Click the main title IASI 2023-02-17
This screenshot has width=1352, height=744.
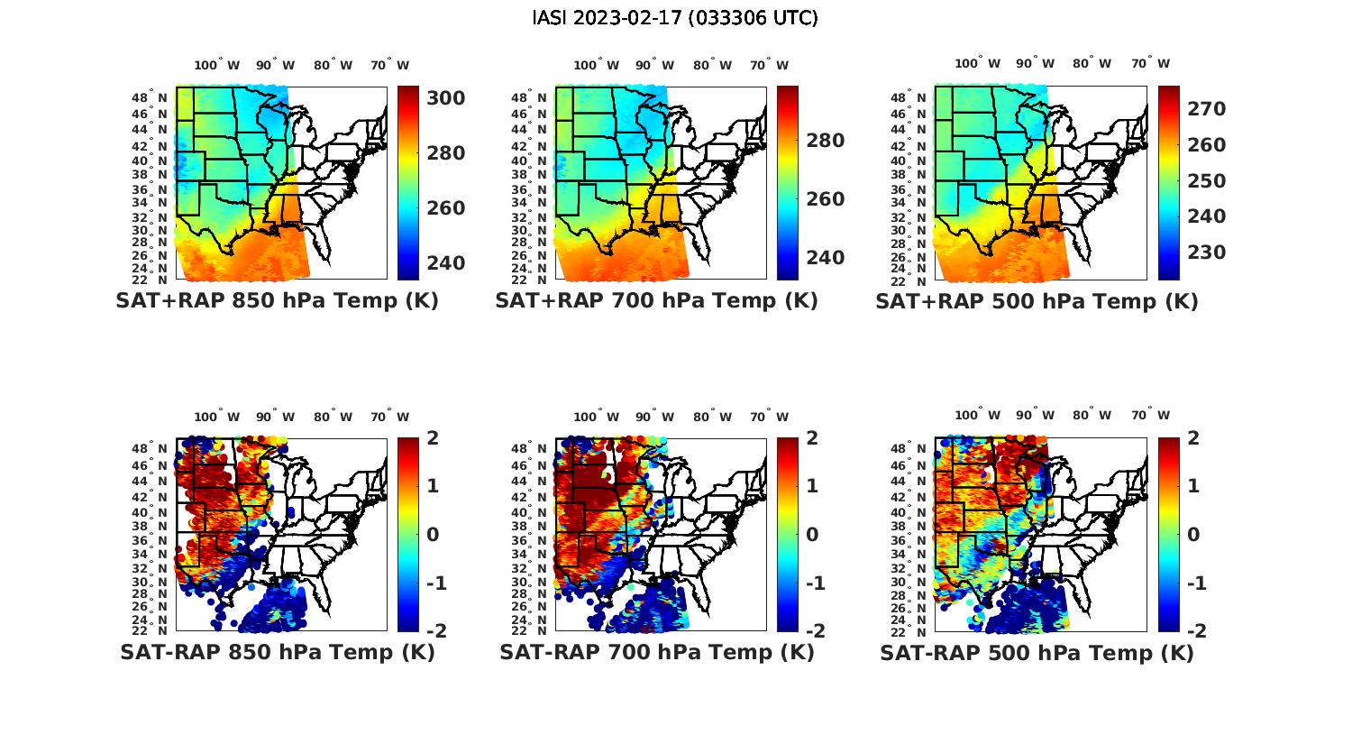(675, 18)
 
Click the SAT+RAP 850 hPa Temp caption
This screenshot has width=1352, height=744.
(277, 301)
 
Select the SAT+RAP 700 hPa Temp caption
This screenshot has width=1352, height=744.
(656, 301)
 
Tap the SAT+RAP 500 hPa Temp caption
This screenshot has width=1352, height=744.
(1037, 301)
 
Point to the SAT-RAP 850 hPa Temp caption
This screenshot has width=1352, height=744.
(277, 652)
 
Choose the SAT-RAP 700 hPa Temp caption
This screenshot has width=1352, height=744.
(656, 652)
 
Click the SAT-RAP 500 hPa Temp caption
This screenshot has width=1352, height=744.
(1037, 652)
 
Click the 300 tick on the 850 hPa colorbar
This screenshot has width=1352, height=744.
(446, 97)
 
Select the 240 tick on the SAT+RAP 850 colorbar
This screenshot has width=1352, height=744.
(446, 263)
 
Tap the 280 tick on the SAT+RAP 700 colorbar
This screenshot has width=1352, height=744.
(826, 141)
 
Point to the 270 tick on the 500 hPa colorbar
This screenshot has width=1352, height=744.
(1206, 109)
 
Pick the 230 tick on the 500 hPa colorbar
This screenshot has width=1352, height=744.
(1206, 253)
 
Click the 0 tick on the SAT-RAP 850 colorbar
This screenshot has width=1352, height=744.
(433, 535)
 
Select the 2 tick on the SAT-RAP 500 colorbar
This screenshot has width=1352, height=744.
(1192, 438)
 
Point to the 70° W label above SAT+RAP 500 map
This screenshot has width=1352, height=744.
(1150, 64)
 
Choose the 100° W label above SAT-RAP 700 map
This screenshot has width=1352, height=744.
(587, 417)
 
